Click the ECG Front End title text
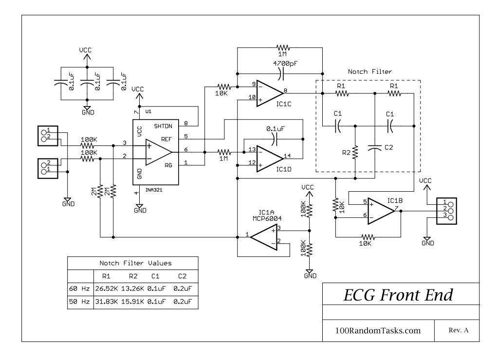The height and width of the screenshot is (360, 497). pyautogui.click(x=398, y=295)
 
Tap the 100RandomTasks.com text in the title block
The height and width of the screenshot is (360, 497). pyautogui.click(x=378, y=330)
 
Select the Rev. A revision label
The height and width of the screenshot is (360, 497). pyautogui.click(x=458, y=330)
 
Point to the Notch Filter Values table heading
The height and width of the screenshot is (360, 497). pyautogui.click(x=132, y=263)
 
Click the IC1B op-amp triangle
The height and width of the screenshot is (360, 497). pyautogui.click(x=380, y=210)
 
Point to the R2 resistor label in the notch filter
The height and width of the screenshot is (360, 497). pyautogui.click(x=346, y=152)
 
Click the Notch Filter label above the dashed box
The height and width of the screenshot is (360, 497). pyautogui.click(x=370, y=72)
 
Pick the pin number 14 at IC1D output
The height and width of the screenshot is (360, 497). pyautogui.click(x=287, y=156)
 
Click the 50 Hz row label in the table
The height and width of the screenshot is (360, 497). pyautogui.click(x=80, y=302)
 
